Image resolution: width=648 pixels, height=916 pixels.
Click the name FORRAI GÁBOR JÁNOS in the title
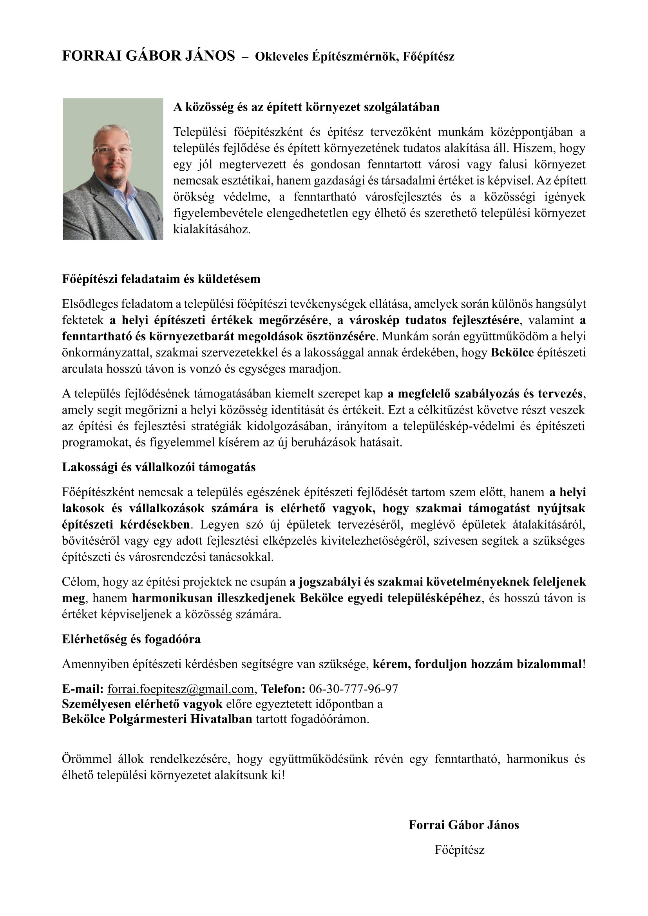coord(148,56)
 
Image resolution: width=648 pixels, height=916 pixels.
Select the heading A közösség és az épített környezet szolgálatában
coord(306,107)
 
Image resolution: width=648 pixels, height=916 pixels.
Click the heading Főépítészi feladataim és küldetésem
coord(161,279)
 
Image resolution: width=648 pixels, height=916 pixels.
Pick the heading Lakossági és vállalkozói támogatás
coord(158,467)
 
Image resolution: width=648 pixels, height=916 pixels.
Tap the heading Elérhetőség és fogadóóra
coord(131,639)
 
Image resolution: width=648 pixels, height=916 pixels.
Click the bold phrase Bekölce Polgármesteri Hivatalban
coord(157,719)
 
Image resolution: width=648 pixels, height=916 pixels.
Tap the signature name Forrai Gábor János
coord(463,825)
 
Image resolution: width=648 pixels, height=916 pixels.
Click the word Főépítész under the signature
coord(460,849)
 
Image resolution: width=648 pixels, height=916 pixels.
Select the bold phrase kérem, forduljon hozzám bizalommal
coord(477,664)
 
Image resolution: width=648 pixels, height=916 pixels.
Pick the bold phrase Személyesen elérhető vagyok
coord(142,704)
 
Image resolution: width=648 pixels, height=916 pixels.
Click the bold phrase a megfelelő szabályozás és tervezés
coord(484,394)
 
